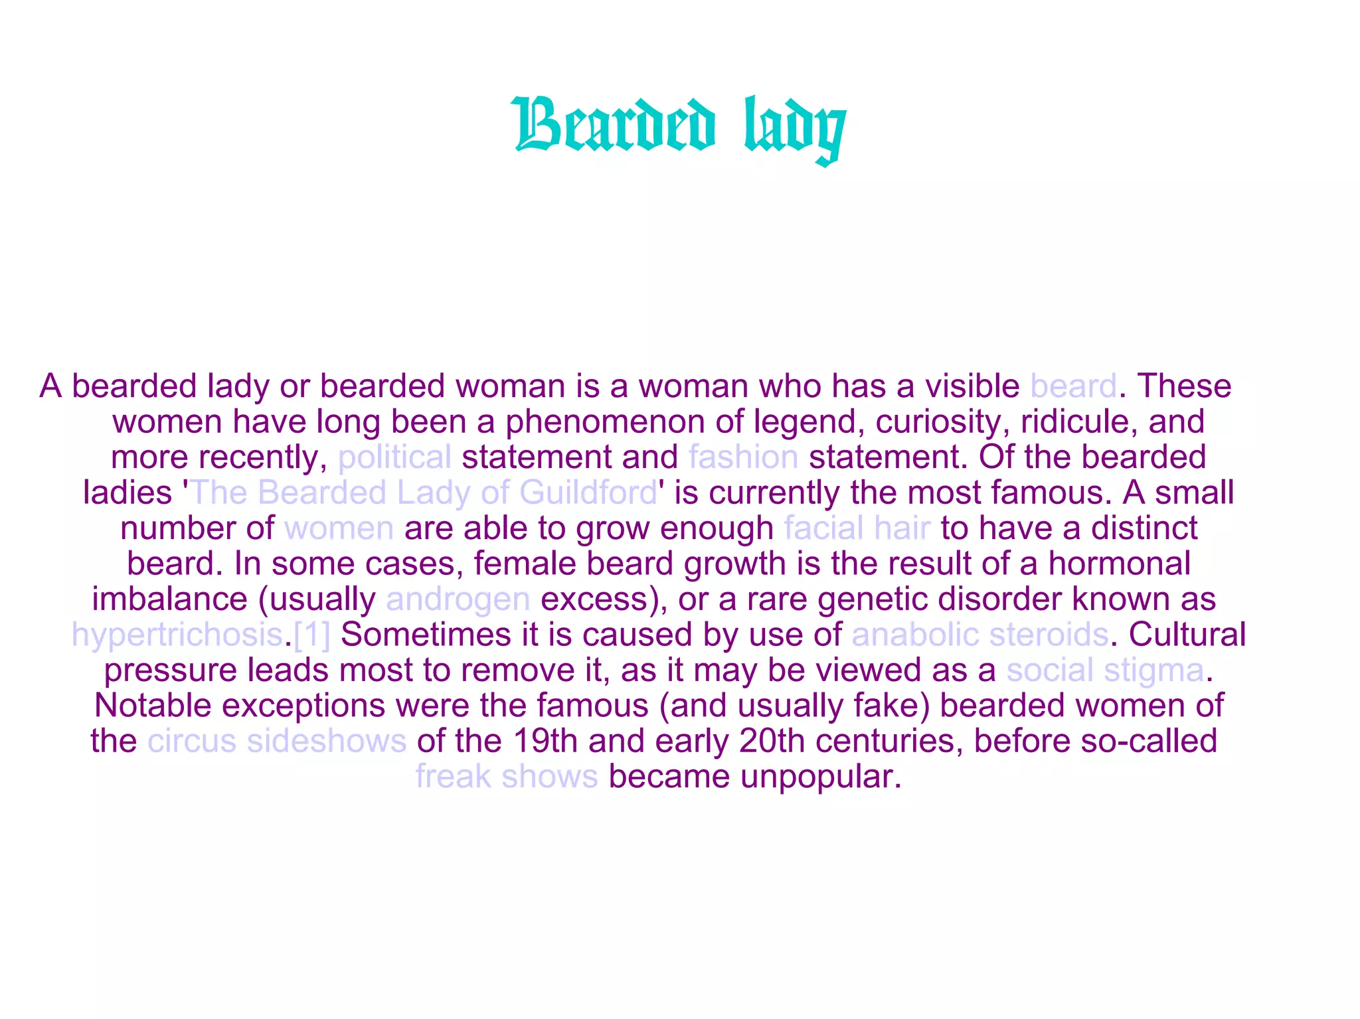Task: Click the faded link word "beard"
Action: coord(1073,386)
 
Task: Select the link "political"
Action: coord(394,457)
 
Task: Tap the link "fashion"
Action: coord(743,457)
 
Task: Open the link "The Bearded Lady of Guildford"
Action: coord(424,493)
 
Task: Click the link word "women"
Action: coord(339,528)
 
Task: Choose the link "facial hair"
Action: coord(857,528)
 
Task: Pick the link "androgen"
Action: coord(458,599)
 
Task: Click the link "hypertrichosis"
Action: coord(177,635)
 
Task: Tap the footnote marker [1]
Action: coord(311,635)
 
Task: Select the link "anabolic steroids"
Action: coord(979,635)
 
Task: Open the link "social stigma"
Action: coord(1105,670)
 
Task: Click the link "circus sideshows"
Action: coord(277,742)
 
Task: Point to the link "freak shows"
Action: coord(507,777)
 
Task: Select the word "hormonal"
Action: coord(1119,564)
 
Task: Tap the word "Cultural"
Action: coord(1187,635)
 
